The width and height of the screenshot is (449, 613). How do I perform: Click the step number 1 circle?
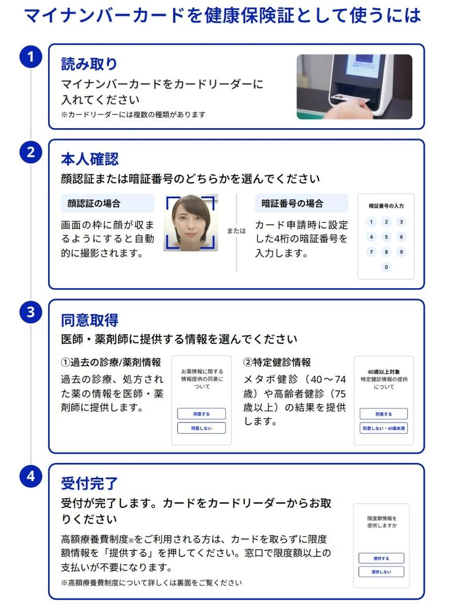(30, 57)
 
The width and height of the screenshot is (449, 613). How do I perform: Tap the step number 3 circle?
(30, 312)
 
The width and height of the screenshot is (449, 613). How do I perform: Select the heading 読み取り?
(89, 64)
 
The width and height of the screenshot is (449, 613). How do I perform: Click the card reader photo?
(354, 87)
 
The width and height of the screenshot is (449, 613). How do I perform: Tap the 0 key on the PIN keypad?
(386, 267)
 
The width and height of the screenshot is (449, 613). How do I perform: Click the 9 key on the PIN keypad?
(401, 252)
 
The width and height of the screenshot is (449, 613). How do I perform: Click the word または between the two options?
(236, 231)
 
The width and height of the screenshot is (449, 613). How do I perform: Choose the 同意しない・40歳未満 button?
(383, 428)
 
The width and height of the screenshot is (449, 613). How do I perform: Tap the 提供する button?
(381, 558)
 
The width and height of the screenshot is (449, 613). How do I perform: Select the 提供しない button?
(381, 572)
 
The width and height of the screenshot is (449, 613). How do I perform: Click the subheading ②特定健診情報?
(277, 363)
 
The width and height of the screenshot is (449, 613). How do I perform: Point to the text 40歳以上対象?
(383, 371)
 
